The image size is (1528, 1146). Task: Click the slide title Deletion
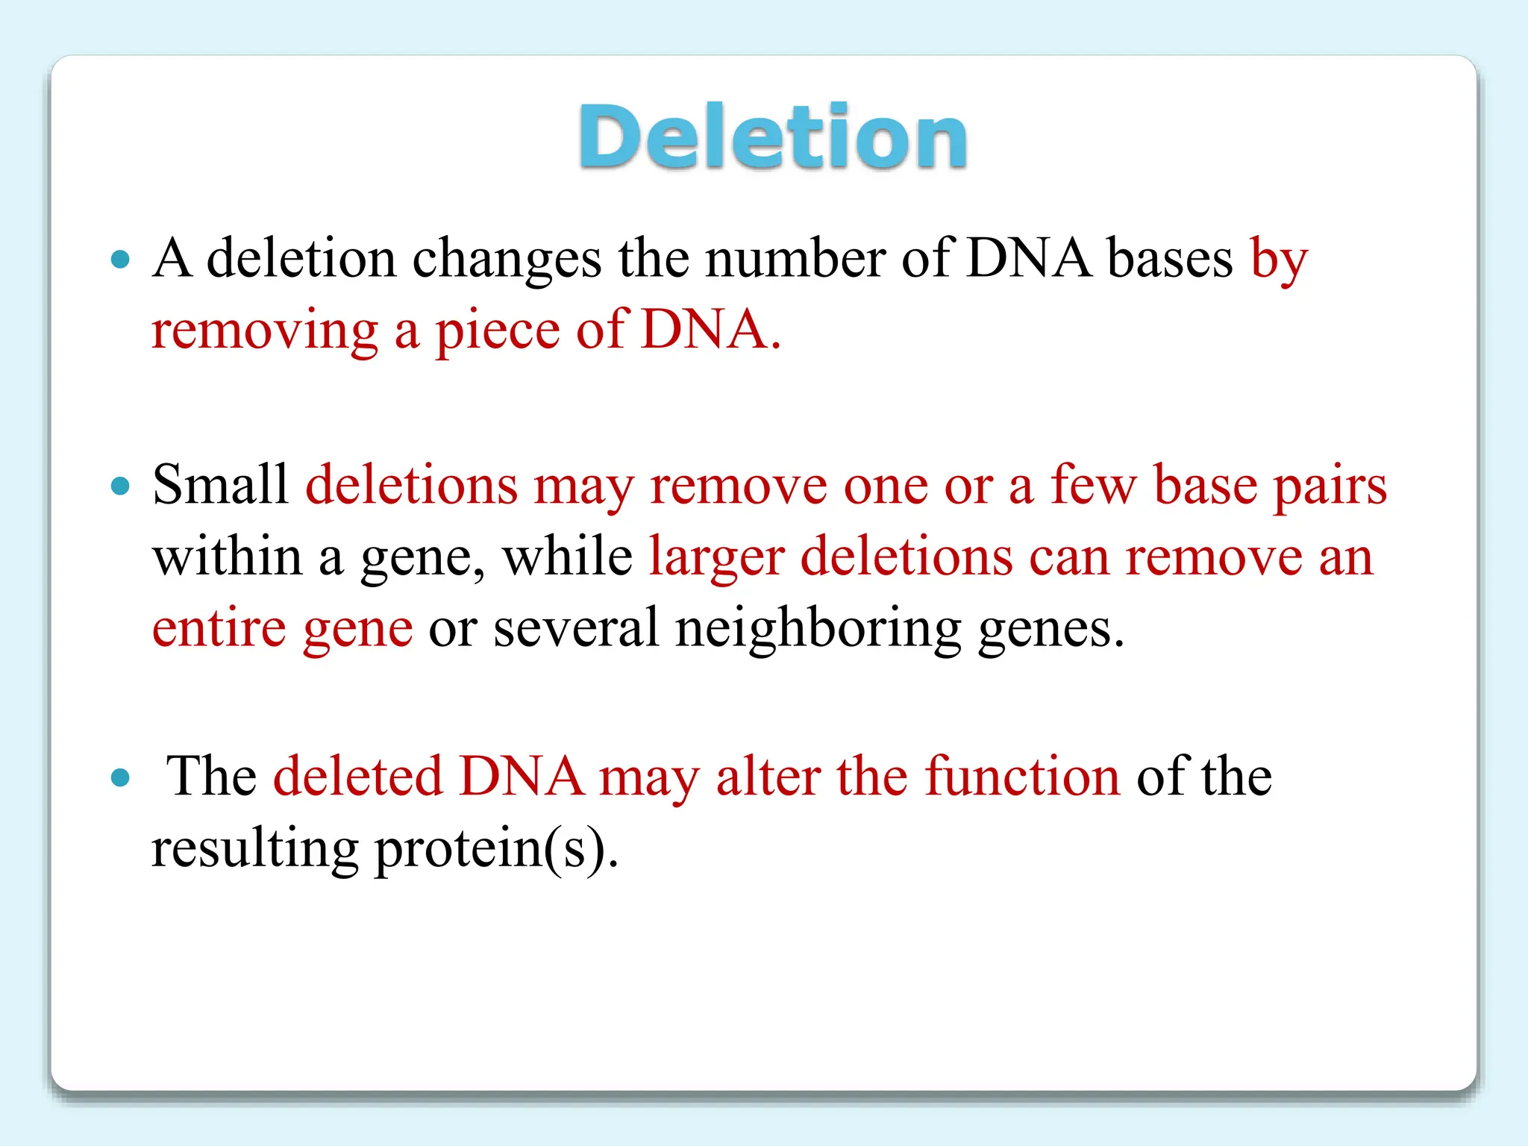773,138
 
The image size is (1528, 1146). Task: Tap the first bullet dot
120,260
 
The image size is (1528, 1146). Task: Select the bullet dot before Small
120,486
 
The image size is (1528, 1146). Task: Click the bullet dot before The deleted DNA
120,778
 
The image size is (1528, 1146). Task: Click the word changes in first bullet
507,260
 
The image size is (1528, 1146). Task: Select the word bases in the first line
1169,258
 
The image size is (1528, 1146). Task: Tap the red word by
1279,260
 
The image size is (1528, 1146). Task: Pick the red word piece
497,331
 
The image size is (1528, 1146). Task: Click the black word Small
220,485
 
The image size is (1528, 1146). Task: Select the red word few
1093,485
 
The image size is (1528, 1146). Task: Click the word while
567,557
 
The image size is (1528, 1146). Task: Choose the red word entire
219,627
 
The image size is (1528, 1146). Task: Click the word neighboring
818,629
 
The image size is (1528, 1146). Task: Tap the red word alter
768,777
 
